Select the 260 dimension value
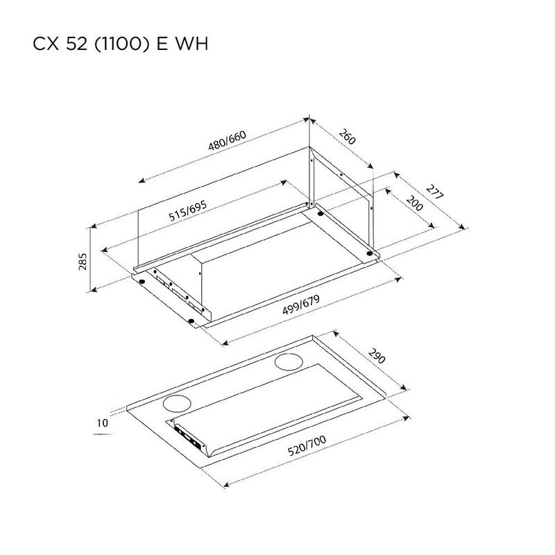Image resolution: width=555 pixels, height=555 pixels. click(348, 137)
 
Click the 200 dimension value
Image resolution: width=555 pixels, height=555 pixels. click(414, 205)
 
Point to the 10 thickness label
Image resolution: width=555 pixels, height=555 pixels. click(103, 422)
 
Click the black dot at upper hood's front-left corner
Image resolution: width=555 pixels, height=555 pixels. click(142, 282)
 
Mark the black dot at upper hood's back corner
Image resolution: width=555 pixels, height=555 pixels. click(321, 214)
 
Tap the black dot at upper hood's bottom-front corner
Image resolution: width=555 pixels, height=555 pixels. click(191, 321)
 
